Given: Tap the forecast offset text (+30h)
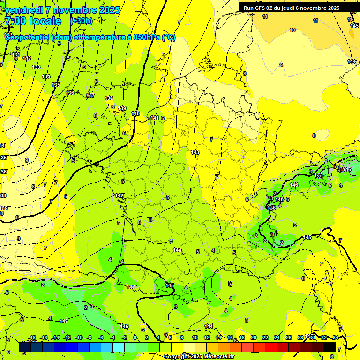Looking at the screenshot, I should pos(81,21).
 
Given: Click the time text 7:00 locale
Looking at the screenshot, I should pos(32,22).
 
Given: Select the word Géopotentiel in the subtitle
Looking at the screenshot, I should pos(28,37).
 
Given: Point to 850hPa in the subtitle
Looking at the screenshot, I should pos(146,37).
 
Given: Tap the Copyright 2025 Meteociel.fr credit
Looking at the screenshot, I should pos(199,356).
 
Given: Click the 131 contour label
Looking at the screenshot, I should pos(16,55).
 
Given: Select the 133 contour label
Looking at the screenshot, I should pos(36,67).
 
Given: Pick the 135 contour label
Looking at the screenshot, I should pos(56,85).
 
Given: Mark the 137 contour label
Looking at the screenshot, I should pos(90,95).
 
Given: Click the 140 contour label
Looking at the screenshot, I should pos(135,113).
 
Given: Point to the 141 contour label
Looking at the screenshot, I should pos(155,118).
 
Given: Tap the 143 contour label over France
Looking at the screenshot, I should pos(195,152).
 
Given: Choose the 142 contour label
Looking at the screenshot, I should pos(119,195).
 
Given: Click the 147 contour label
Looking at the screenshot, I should pos(64,321).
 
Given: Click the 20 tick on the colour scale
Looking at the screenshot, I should pos(254,337).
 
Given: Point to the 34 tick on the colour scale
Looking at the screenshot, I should pos(336,337).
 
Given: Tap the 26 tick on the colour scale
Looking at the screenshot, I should pos(289,337).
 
